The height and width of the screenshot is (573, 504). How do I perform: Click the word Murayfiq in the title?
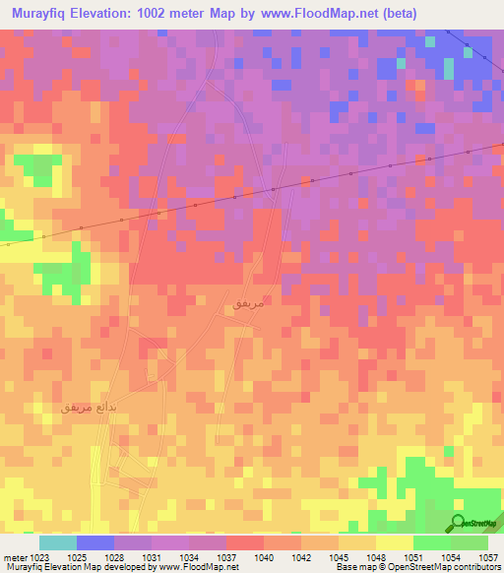[42, 14]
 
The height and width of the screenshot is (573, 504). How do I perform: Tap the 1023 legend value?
[38, 556]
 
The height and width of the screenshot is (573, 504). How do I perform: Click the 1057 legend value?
[487, 556]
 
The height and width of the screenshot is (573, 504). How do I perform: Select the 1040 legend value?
[264, 556]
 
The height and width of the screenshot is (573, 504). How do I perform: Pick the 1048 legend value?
[375, 556]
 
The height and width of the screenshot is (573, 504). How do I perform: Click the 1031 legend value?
[152, 556]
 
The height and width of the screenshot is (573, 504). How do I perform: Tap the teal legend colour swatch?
[58, 542]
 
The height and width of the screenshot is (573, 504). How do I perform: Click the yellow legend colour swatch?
[394, 542]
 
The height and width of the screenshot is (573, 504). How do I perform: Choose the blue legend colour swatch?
[95, 542]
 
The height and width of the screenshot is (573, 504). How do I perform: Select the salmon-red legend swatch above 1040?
[245, 542]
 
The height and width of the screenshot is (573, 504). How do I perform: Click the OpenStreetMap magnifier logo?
[458, 522]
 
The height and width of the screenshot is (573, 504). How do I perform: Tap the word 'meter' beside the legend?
[14, 556]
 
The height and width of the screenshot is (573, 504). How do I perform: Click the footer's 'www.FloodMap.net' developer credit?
[190, 567]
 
